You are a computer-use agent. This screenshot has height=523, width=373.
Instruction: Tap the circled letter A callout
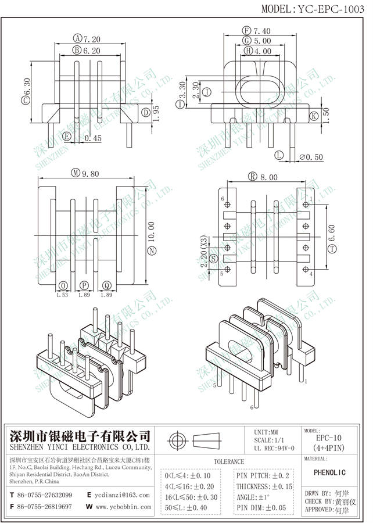pos(77,39)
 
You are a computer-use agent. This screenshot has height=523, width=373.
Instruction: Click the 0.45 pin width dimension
pos(93,138)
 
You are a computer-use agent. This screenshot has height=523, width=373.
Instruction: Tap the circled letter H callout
pos(248,52)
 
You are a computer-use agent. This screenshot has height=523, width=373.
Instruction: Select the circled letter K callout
pos(314,116)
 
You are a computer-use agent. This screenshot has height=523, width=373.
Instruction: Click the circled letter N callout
pos(152,250)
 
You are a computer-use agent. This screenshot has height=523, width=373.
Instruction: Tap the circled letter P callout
pos(85,285)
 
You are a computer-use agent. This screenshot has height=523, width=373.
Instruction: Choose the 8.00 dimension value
pos(270,177)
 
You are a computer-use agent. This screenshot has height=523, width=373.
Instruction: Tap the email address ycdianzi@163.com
pos(123,495)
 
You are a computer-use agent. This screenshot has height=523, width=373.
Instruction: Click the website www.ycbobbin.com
pos(123,507)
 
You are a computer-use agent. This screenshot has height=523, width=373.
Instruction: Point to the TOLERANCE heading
pos(228,461)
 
